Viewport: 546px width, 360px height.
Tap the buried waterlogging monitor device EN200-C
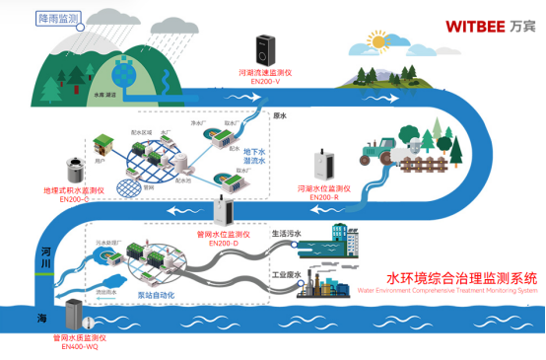[71, 164]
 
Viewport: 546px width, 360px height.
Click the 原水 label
[278, 115]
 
